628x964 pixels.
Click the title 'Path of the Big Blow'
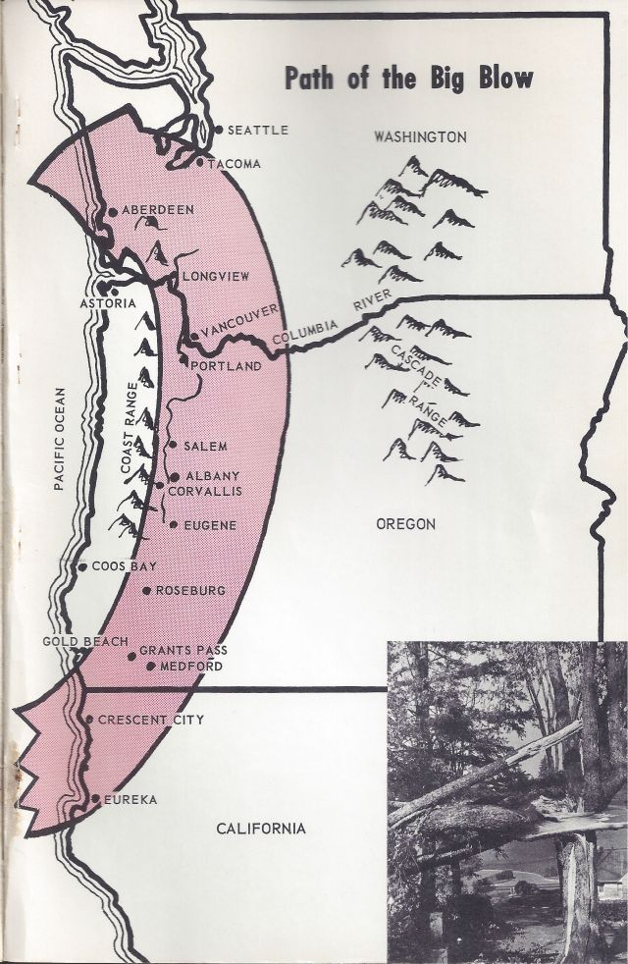409,79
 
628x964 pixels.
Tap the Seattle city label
257,130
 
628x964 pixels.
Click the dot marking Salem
173,445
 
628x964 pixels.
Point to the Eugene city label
210,525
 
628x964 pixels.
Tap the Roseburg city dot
146,591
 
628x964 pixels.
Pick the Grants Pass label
181,650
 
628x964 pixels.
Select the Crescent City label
151,720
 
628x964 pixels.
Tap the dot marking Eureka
95,799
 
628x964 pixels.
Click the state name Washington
420,137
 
